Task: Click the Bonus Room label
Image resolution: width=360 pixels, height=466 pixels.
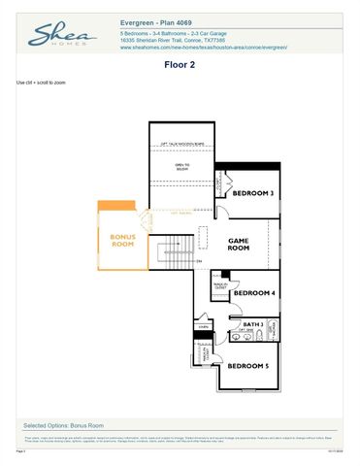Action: click(x=122, y=241)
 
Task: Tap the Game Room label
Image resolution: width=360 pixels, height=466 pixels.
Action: click(x=239, y=244)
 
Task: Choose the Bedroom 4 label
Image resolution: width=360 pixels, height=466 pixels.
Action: click(x=254, y=292)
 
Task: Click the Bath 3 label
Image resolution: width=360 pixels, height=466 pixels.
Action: click(x=253, y=323)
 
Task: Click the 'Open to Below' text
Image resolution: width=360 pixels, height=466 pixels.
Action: click(x=181, y=166)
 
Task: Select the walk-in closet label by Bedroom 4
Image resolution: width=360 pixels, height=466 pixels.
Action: click(x=220, y=286)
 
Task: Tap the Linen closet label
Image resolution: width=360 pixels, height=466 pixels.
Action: click(x=203, y=328)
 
